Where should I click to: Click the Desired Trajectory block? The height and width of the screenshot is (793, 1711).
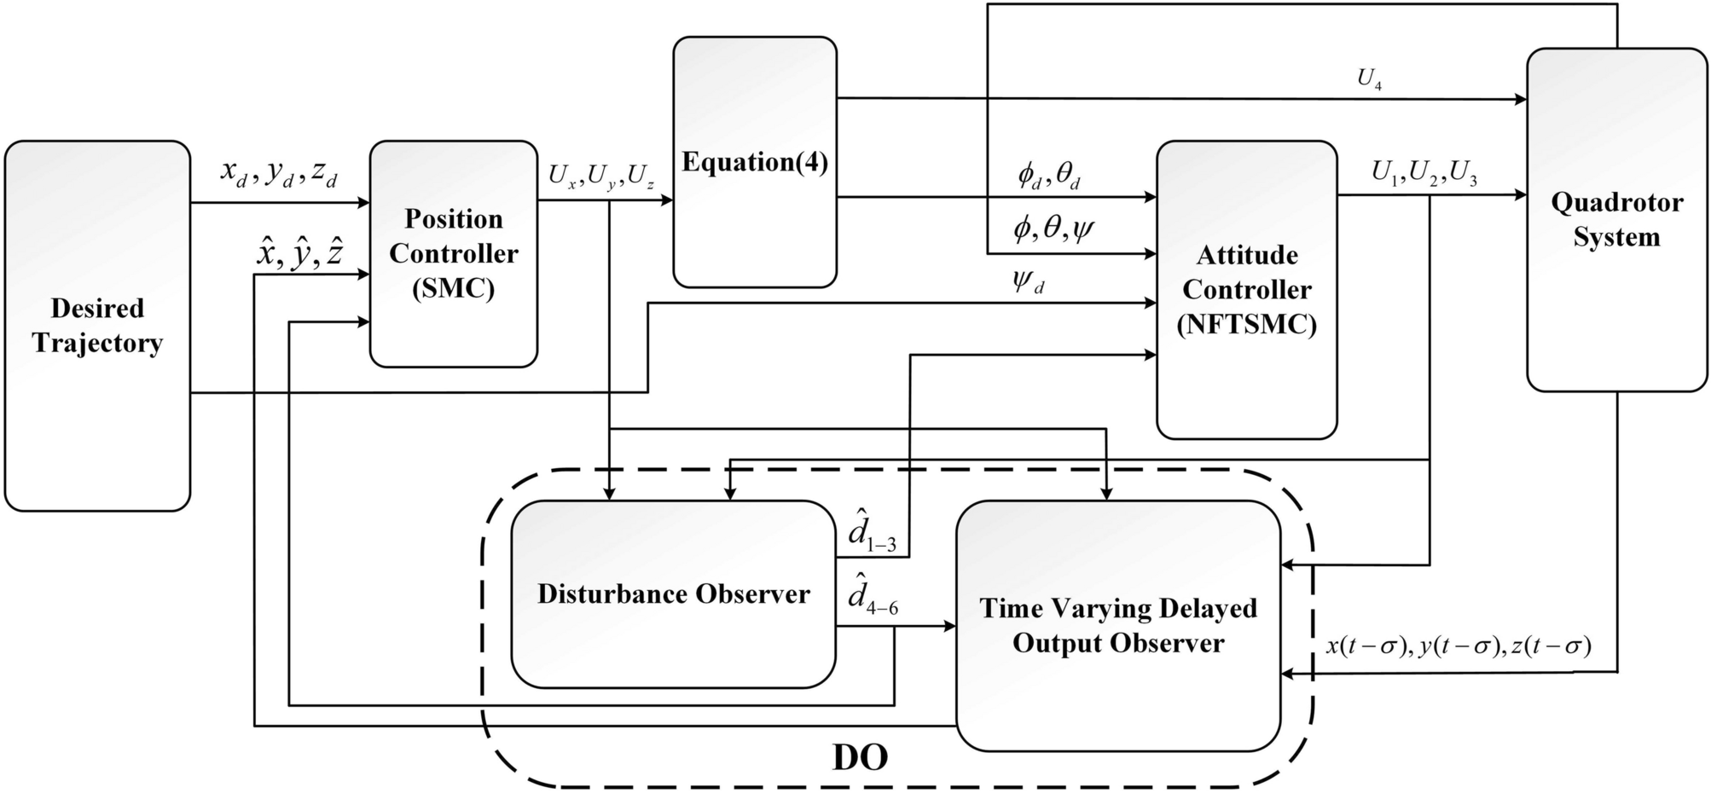click(x=97, y=326)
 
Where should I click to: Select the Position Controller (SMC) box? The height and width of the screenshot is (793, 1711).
click(x=453, y=253)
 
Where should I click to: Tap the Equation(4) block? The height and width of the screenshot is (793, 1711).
click(x=755, y=162)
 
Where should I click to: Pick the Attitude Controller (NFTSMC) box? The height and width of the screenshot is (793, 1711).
click(x=1246, y=290)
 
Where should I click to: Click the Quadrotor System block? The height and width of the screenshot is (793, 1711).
click(x=1616, y=219)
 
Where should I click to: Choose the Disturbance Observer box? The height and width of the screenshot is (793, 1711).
click(x=673, y=594)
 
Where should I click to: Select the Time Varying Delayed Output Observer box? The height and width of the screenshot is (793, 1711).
click(x=1117, y=625)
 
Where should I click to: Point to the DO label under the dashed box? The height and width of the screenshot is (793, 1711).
click(x=860, y=757)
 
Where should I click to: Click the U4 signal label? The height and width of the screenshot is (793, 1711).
click(x=1369, y=79)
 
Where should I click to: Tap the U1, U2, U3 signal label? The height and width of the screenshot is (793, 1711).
click(x=1424, y=172)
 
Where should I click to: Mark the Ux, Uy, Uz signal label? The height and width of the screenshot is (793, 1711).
click(x=601, y=177)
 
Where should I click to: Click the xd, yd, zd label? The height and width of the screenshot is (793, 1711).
click(x=279, y=173)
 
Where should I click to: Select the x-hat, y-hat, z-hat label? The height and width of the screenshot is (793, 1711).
click(x=299, y=252)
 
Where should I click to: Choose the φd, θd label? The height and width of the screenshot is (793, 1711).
click(x=1049, y=176)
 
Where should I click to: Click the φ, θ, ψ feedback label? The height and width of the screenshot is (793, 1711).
click(x=1053, y=229)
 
